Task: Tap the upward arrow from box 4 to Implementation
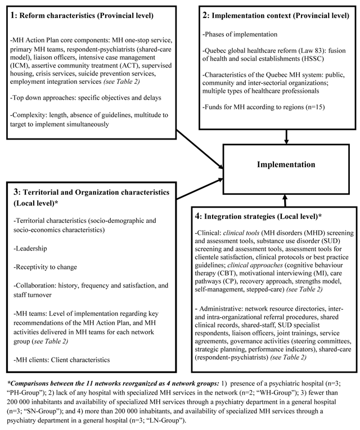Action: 285,200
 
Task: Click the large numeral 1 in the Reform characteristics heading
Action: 14,15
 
